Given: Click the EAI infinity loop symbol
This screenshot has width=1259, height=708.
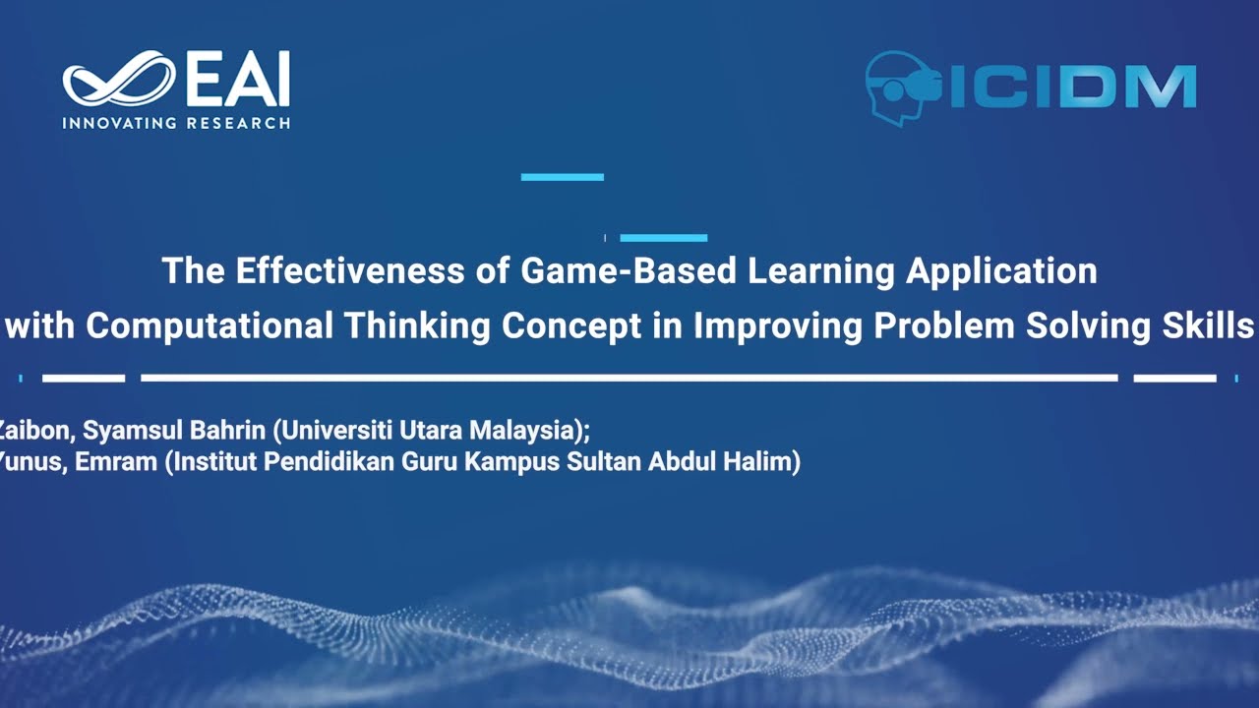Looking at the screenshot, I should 118,80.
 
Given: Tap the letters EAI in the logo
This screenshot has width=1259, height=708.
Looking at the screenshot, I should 237,80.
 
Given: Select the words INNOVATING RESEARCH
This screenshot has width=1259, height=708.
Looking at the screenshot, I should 176,124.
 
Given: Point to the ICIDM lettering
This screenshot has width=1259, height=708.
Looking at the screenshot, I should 1072,87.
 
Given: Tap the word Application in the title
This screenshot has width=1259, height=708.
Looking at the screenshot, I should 1001,270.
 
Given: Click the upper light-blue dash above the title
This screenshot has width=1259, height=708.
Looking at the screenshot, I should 562,177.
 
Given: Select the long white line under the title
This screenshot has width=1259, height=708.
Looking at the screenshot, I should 629,378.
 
